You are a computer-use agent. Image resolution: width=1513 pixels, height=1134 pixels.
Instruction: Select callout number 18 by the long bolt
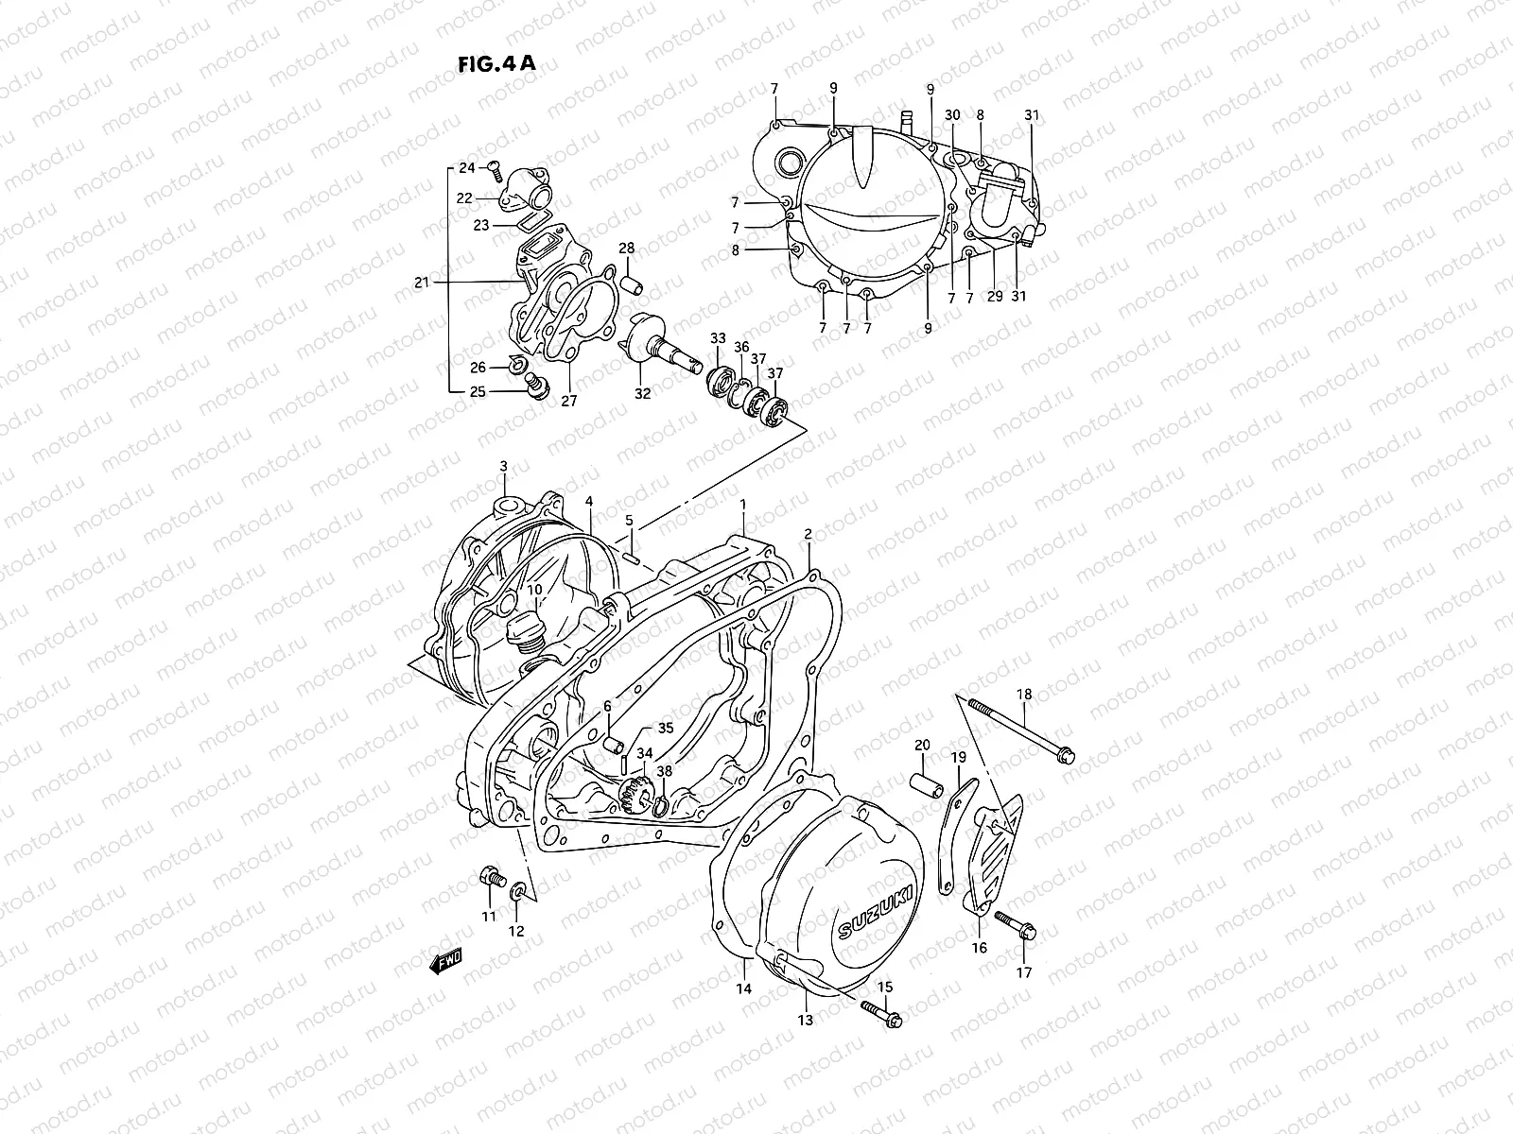1024,695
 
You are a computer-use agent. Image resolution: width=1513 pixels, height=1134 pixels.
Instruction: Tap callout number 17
1025,972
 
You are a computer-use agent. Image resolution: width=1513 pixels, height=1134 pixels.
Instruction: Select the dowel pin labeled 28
631,283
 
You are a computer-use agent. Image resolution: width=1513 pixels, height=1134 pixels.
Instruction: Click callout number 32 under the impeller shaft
642,394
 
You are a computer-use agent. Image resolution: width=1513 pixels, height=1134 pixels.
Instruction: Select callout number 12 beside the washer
516,931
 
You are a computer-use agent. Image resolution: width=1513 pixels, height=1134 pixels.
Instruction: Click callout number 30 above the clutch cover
952,115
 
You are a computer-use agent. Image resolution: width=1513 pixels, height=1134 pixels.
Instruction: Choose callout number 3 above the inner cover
503,466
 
